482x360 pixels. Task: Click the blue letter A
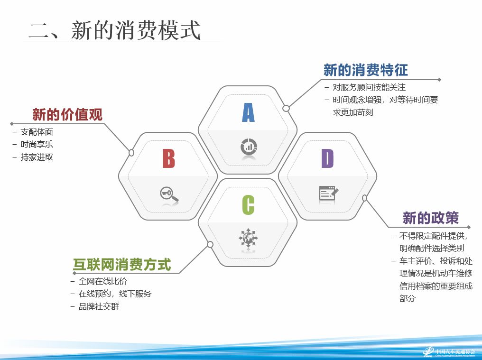click(x=249, y=112)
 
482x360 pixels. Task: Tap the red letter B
click(x=169, y=158)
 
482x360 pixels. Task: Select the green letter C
click(x=249, y=205)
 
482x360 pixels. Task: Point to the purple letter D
click(x=328, y=158)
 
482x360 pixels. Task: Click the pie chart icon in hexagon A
click(x=249, y=147)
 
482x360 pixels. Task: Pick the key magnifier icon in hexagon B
click(x=169, y=194)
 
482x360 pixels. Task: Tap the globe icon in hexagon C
click(x=249, y=238)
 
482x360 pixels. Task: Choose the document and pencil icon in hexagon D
click(x=329, y=193)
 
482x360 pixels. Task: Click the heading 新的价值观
click(x=67, y=115)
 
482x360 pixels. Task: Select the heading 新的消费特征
click(x=366, y=70)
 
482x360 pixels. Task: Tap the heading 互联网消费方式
click(x=122, y=265)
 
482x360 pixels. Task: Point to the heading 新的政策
click(x=431, y=218)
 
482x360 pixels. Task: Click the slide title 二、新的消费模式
click(x=115, y=30)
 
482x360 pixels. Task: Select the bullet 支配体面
click(x=37, y=132)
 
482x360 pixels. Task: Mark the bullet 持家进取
click(x=37, y=157)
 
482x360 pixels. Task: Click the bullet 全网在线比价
click(x=102, y=281)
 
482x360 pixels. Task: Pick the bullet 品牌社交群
click(x=99, y=306)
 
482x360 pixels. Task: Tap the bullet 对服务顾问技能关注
click(x=369, y=88)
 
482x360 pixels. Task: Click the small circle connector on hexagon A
click(x=286, y=108)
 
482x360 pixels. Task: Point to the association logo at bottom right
click(x=449, y=351)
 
